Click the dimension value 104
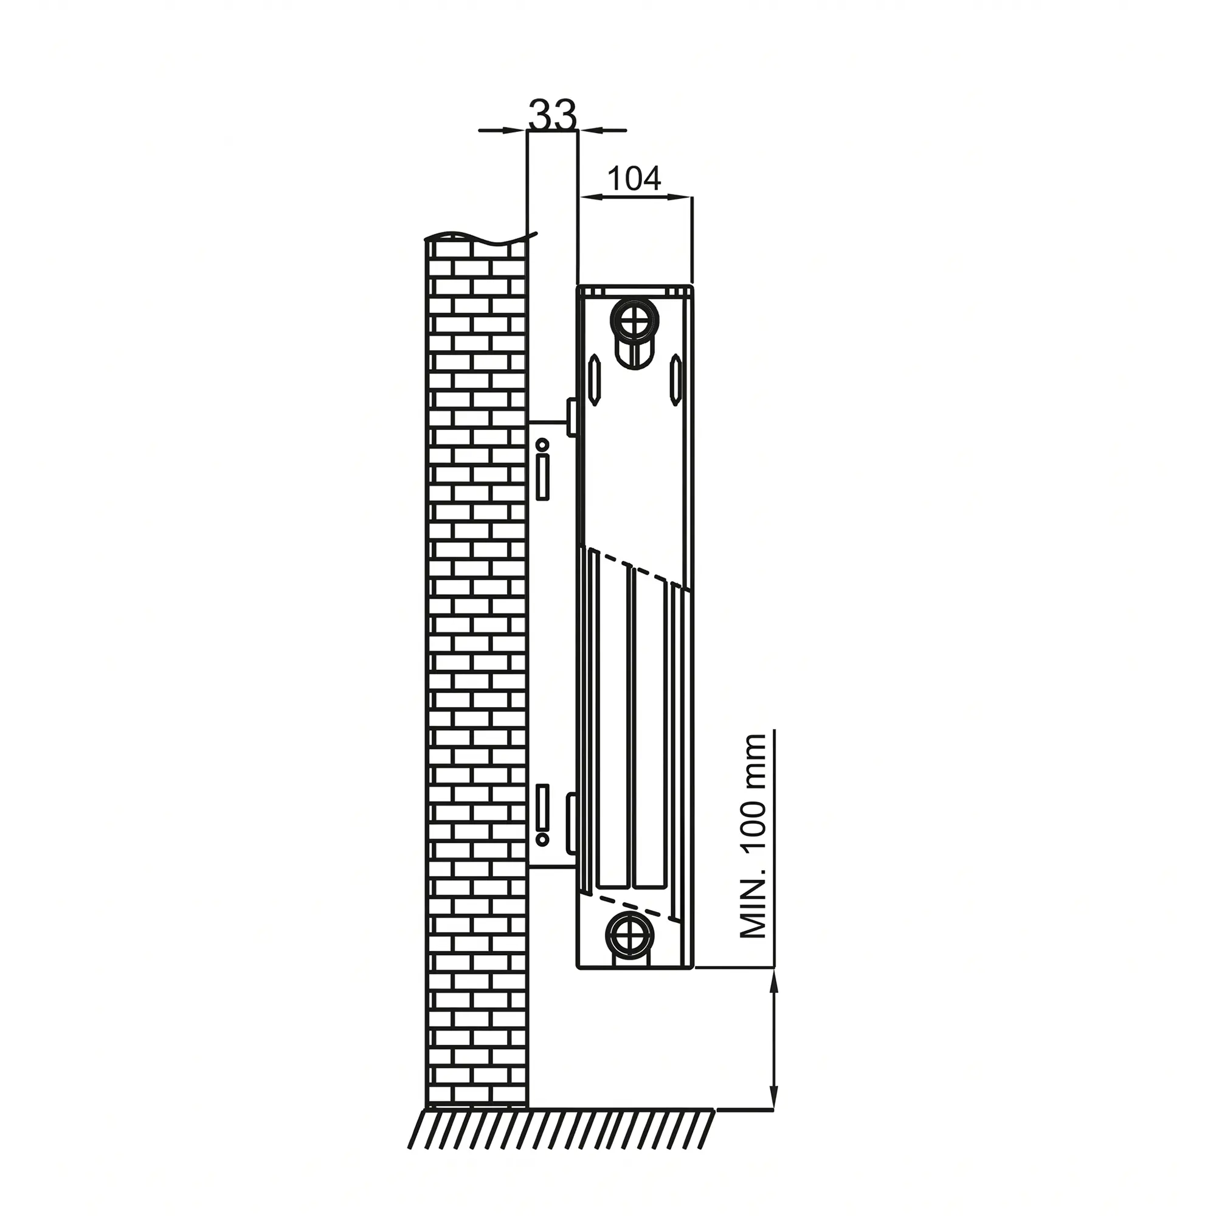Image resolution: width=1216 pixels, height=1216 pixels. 634,178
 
